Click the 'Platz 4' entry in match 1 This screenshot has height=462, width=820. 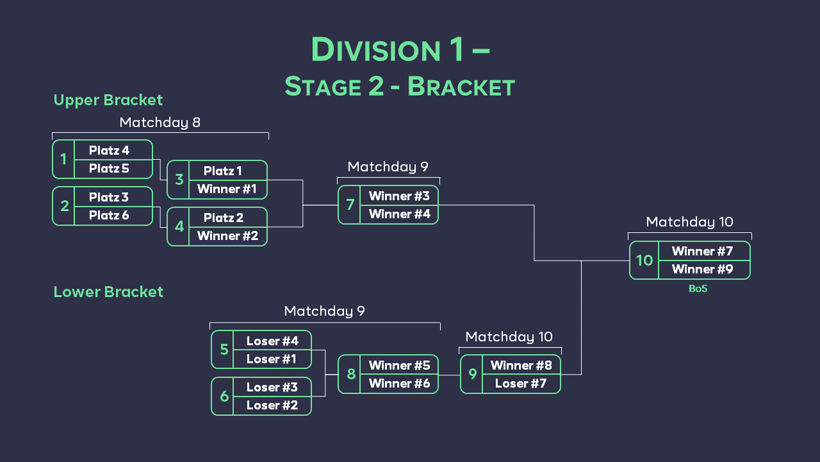[x=110, y=150]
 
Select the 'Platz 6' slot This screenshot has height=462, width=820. [x=110, y=215]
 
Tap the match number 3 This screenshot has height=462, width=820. [x=179, y=180]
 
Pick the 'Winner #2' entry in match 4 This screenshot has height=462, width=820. [x=227, y=235]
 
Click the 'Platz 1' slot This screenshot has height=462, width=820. [x=223, y=171]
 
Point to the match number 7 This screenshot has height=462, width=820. [x=350, y=205]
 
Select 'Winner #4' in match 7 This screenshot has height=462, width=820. [x=399, y=214]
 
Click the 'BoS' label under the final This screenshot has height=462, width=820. [x=698, y=289]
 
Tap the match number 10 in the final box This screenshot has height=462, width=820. [x=644, y=260]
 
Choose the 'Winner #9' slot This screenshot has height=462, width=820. [x=702, y=269]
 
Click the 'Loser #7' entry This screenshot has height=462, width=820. [x=521, y=383]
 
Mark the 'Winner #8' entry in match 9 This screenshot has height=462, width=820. [x=521, y=365]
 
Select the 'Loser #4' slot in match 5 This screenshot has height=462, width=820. [x=272, y=341]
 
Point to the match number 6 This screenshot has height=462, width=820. [x=224, y=396]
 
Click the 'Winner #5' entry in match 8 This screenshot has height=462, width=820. [x=399, y=365]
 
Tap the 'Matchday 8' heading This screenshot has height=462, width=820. [x=160, y=122]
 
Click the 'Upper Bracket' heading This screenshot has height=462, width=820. [x=108, y=100]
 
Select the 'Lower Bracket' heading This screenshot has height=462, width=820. [x=108, y=292]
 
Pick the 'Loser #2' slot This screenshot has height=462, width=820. [x=272, y=405]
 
